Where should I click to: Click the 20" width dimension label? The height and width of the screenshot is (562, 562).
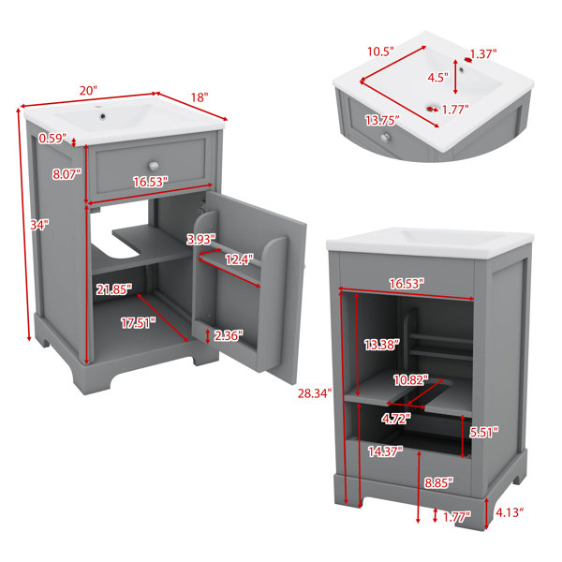(x=88, y=90)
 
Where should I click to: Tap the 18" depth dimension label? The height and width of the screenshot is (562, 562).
(x=200, y=97)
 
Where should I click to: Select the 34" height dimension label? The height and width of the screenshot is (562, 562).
(x=39, y=225)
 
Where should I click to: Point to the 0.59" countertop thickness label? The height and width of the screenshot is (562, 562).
(x=52, y=138)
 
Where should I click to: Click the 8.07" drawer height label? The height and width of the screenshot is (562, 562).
(x=67, y=174)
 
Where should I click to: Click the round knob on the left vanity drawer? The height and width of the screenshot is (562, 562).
(x=154, y=166)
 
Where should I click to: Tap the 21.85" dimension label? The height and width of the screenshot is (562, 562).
(x=114, y=289)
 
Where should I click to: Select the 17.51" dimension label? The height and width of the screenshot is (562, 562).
(x=139, y=323)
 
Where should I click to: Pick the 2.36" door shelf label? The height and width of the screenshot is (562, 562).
(x=229, y=335)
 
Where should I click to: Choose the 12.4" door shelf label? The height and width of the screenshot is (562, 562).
(x=239, y=259)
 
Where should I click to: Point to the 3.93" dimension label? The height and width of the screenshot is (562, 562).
(x=201, y=239)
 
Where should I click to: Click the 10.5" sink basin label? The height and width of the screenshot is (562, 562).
(x=380, y=52)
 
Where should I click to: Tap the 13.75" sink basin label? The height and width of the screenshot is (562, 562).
(x=382, y=120)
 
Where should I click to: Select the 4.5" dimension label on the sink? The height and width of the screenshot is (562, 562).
(x=438, y=77)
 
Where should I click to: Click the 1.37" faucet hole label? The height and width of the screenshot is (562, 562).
(x=483, y=54)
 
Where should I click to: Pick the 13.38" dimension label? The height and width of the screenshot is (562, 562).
(x=382, y=345)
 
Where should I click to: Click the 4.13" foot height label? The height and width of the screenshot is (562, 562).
(x=510, y=512)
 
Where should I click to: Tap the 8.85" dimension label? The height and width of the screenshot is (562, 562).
(x=438, y=482)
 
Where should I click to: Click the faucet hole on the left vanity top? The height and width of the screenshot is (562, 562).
(x=103, y=116)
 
